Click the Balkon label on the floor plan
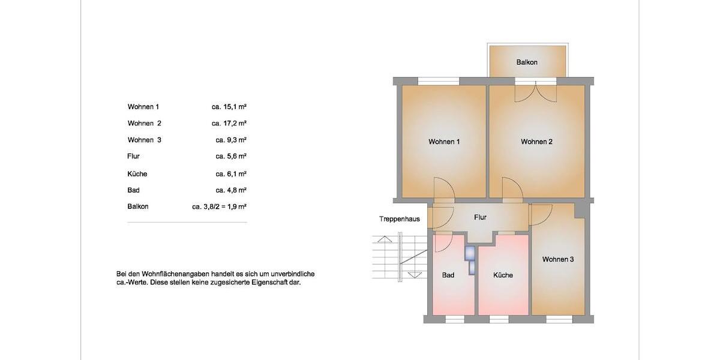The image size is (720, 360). [527, 62]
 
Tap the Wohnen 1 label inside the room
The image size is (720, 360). [444, 142]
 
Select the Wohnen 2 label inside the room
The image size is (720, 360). [536, 142]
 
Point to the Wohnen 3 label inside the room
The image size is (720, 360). [558, 259]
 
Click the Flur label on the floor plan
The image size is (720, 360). [480, 217]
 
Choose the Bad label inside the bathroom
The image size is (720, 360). [448, 275]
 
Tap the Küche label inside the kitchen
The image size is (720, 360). [503, 275]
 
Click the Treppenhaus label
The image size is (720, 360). [399, 219]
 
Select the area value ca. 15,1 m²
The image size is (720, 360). [229, 107]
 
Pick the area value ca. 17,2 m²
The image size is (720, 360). [229, 123]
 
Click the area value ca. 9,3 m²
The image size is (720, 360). [231, 140]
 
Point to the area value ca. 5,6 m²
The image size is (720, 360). [231, 156]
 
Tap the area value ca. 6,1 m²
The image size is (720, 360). [231, 173]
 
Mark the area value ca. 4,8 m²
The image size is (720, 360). [231, 190]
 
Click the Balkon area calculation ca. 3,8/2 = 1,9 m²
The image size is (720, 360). [219, 206]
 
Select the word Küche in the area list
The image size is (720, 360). [137, 173]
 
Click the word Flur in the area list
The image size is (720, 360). [133, 156]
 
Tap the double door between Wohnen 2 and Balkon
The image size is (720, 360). [536, 91]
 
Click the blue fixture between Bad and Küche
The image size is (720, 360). [469, 259]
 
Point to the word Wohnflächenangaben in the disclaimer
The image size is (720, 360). [179, 274]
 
